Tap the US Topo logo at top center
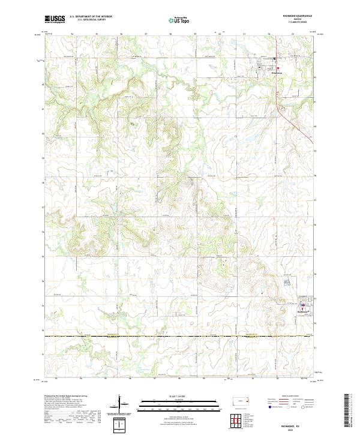pos(180,20)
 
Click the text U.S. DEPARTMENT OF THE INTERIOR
pos(91,16)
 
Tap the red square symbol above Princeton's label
pos(275,59)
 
